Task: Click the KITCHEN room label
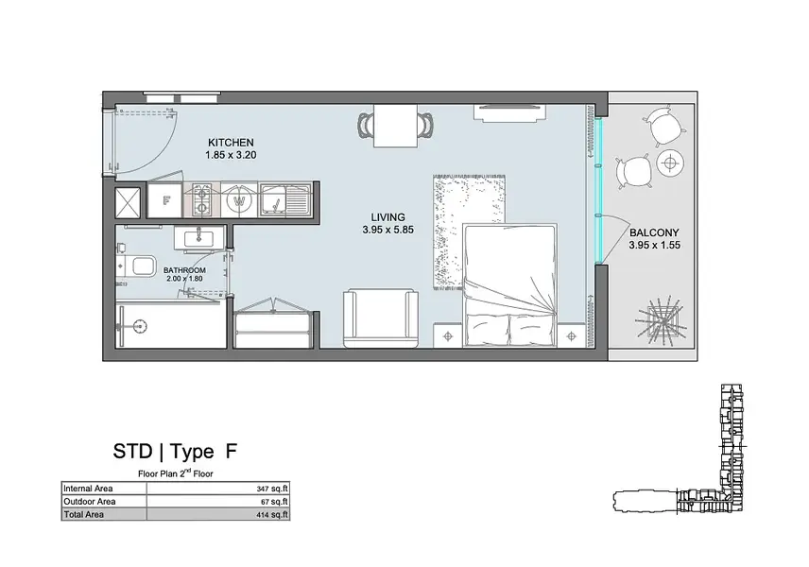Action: tap(231, 143)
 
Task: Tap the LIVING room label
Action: tap(388, 217)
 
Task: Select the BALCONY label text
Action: tap(654, 232)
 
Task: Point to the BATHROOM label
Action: tap(184, 270)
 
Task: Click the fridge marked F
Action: tap(165, 200)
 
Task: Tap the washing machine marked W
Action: tap(239, 200)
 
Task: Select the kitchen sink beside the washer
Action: tap(284, 200)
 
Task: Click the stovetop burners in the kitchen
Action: tap(201, 200)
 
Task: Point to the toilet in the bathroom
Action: tap(137, 266)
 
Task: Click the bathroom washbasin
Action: tap(198, 238)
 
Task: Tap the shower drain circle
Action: tap(138, 325)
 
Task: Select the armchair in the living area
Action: tap(381, 318)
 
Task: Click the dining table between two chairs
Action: tap(395, 126)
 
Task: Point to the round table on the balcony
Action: tap(670, 164)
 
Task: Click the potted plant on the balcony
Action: tap(663, 318)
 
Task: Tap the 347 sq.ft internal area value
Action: tap(272, 489)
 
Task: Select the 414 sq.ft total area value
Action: tap(272, 515)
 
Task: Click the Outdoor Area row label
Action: tap(90, 502)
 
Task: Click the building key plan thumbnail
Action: tap(679, 448)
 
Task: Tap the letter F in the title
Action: tap(232, 452)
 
